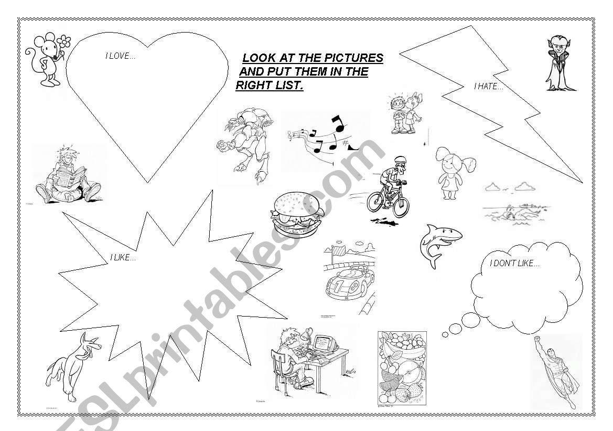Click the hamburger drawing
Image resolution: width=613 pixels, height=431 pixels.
[x=297, y=214]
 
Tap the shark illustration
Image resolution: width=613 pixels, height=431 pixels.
[x=440, y=245]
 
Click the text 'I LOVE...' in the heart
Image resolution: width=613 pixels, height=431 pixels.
[x=121, y=56]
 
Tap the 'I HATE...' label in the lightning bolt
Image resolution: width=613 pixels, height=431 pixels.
[x=489, y=87]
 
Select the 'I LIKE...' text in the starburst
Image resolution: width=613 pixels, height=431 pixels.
[x=123, y=258]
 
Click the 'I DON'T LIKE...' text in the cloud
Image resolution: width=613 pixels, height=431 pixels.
[x=514, y=264]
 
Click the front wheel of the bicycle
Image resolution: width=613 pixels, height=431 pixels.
[x=401, y=207]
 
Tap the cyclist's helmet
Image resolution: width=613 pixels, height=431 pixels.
[x=400, y=160]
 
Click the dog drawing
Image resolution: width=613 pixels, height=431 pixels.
[x=73, y=366]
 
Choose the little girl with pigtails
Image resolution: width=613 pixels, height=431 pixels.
[x=454, y=172]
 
